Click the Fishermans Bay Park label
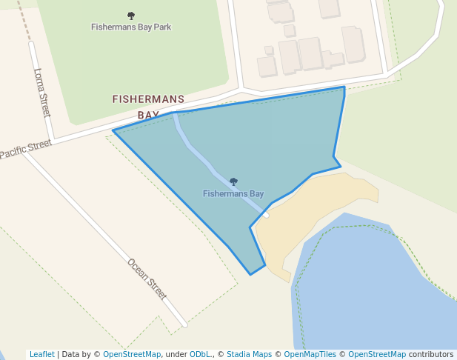131,27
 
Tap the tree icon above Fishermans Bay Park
131,16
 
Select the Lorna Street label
41,93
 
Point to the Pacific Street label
25,149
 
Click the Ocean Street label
147,279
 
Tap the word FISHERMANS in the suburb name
148,99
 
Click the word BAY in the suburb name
148,115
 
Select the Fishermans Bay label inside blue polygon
233,194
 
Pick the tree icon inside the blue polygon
233,181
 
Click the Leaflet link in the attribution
41,354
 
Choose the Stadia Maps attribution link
249,354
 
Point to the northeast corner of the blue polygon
344,87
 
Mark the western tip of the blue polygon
113,131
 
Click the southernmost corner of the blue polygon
251,274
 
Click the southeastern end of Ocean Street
184,324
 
